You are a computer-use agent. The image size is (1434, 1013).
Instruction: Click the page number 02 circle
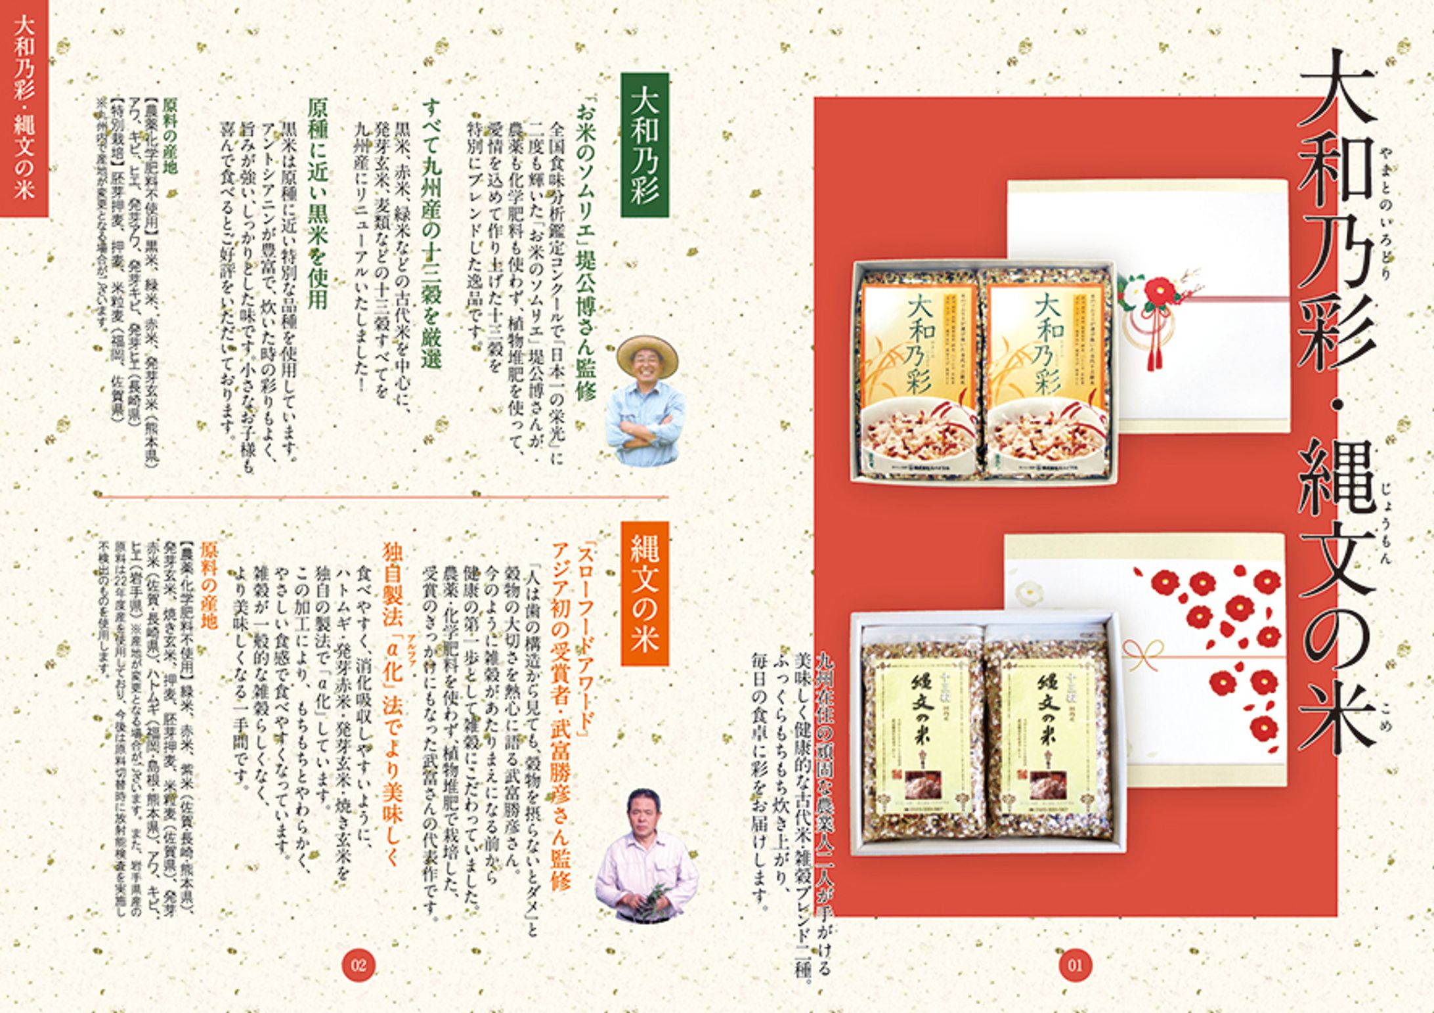point(359,964)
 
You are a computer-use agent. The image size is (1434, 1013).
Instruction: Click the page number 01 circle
point(1075,965)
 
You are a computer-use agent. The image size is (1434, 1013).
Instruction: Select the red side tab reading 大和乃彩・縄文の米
point(24,108)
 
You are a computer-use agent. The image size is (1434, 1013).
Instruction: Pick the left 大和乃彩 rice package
point(917,372)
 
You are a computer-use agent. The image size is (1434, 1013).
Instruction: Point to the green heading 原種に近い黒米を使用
point(318,204)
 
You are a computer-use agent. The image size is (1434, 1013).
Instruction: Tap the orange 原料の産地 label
point(209,585)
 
